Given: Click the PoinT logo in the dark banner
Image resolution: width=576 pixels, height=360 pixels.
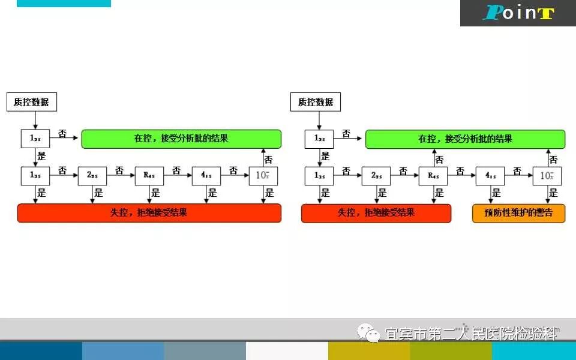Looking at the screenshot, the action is [518, 13].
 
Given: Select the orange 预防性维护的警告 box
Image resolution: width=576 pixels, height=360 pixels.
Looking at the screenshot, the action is [518, 213].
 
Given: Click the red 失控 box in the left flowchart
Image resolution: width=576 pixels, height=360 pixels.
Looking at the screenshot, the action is [149, 213].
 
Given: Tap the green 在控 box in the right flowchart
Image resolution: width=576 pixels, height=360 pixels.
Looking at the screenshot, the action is [465, 139].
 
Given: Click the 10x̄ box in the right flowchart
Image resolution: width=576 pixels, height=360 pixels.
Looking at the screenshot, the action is [547, 175].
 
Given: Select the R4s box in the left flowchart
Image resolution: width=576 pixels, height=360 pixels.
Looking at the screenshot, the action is [149, 175].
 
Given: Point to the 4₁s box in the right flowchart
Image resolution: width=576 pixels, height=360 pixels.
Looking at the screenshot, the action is [490, 175].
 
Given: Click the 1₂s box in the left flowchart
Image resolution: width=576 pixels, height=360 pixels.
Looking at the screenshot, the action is [35, 139].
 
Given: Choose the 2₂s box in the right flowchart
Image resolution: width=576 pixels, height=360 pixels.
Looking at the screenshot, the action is [376, 175].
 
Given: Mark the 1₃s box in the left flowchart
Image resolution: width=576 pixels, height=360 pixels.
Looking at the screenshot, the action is [35, 175].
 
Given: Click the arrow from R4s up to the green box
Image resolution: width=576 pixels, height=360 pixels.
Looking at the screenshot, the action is [434, 158].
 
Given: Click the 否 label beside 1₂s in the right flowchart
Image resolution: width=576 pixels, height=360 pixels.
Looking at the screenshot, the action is [346, 134].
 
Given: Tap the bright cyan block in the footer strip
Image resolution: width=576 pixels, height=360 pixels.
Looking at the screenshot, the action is [534, 351].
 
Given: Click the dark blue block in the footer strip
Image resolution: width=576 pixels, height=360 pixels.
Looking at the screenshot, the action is [41, 351].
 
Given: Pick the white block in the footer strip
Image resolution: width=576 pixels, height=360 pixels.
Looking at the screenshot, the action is [287, 351].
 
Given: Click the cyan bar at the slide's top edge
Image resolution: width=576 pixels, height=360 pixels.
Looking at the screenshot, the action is [64, 3].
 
